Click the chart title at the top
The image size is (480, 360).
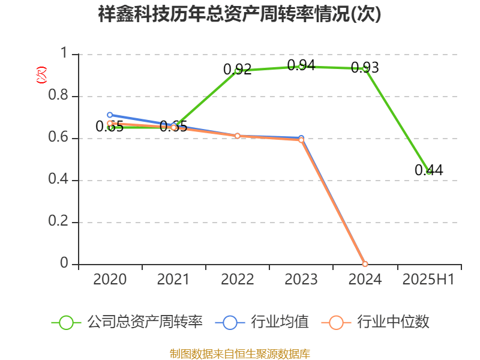tap(240, 14)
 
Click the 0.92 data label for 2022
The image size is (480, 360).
tap(237, 70)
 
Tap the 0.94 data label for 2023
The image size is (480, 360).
tap(301, 65)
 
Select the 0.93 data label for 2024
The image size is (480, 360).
tap(365, 68)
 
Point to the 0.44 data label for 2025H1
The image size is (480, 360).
tap(428, 170)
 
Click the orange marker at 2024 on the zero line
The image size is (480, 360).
tap(365, 264)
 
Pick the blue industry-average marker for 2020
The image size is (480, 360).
tap(110, 115)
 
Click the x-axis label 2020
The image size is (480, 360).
tap(110, 280)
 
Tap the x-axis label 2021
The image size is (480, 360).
tap(173, 280)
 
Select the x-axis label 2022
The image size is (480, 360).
tap(237, 280)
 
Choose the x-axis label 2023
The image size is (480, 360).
tap(301, 280)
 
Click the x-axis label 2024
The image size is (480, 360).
tap(365, 280)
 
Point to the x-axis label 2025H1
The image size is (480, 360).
tap(428, 280)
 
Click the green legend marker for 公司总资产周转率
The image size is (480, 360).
tap(67, 322)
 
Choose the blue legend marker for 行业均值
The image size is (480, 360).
tap(230, 322)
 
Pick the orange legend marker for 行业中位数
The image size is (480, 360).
tap(336, 322)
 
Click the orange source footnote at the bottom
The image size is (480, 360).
tap(240, 353)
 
